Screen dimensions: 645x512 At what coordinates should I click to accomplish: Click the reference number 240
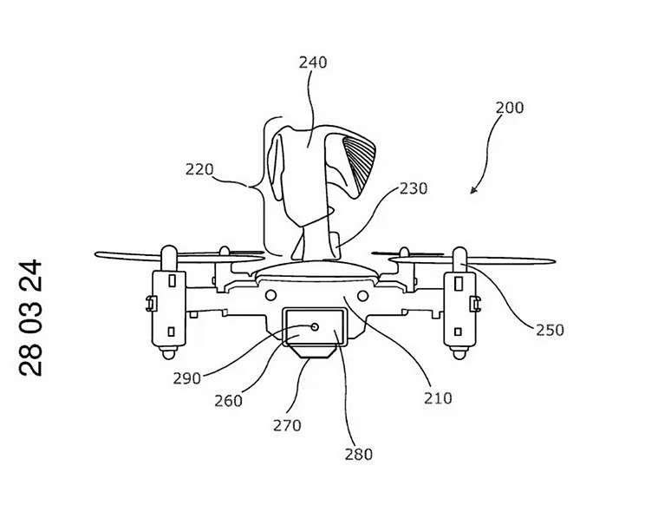(313, 62)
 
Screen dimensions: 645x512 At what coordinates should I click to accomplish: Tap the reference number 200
(509, 108)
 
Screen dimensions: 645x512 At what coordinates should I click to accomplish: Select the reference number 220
(199, 169)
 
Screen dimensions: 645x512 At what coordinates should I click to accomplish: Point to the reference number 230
(414, 188)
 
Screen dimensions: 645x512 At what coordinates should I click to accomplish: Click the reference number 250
(550, 330)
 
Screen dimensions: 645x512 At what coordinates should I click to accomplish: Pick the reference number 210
(438, 398)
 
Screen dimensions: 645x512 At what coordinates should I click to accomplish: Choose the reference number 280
(359, 454)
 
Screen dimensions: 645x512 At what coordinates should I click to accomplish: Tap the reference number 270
(287, 424)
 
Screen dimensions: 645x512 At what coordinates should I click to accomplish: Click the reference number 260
(228, 400)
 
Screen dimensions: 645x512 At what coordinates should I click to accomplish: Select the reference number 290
(186, 378)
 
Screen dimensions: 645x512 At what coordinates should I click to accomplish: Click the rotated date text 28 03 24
(30, 318)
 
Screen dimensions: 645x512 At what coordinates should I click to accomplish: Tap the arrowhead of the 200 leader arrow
(474, 190)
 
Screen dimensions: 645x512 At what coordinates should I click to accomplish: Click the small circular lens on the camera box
(315, 327)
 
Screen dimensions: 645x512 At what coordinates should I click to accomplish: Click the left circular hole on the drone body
(270, 295)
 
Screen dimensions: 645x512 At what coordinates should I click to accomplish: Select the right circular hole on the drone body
(362, 295)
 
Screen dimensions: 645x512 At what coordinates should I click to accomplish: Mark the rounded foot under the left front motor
(169, 352)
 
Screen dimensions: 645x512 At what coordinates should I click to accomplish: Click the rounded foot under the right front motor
(459, 352)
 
